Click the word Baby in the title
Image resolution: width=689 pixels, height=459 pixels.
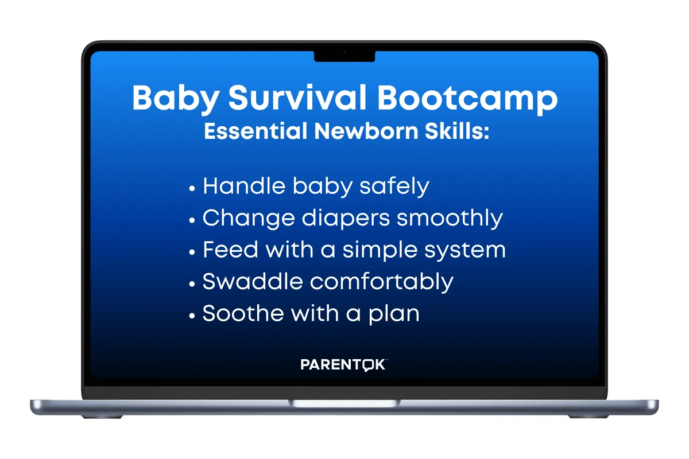(x=176, y=99)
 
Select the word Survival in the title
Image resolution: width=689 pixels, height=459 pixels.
(x=297, y=97)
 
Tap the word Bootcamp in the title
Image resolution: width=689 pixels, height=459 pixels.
(x=467, y=99)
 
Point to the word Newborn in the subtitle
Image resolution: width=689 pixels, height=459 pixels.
(x=366, y=131)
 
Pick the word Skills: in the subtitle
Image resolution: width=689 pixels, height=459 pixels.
(x=457, y=131)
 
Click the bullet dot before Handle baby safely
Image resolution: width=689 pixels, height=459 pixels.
(x=192, y=188)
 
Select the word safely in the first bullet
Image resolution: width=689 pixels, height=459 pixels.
(x=394, y=187)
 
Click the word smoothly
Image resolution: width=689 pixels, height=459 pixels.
(x=450, y=219)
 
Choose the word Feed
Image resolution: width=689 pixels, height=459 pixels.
(x=230, y=250)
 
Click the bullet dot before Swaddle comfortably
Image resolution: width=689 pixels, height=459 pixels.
(x=192, y=284)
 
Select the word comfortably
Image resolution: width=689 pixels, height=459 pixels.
(x=381, y=282)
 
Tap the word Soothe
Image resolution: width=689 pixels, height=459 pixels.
(x=243, y=313)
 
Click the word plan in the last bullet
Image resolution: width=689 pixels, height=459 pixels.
(x=394, y=314)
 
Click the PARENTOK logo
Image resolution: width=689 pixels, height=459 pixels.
(x=343, y=365)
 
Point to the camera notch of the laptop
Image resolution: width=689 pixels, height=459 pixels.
(x=344, y=56)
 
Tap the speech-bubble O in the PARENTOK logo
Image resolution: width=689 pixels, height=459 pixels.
(x=367, y=365)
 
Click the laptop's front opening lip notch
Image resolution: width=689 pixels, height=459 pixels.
(x=344, y=403)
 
